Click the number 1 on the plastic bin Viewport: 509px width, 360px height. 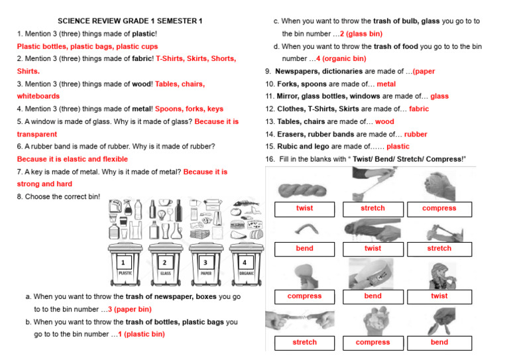123,263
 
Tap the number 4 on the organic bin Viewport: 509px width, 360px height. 244,263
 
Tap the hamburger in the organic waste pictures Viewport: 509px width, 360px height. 238,225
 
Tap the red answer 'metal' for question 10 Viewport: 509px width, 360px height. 386,84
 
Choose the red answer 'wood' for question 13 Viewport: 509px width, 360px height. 384,121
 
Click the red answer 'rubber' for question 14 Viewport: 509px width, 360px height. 416,134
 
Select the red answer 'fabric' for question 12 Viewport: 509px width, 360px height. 419,109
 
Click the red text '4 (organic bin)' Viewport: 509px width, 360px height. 341,59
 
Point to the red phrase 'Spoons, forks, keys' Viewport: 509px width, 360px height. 191,109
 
